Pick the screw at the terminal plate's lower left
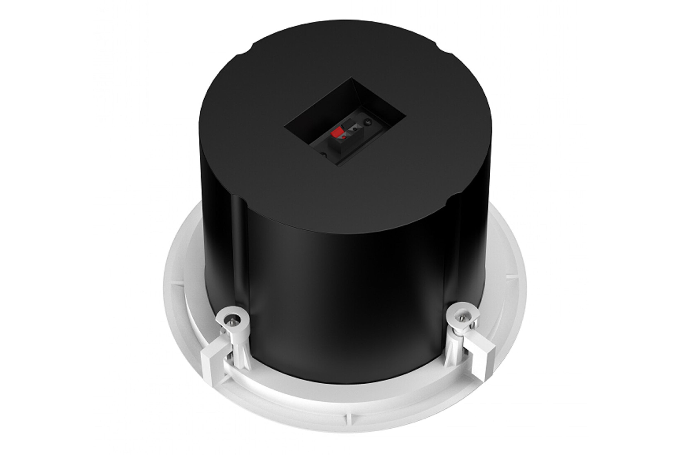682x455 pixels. [323, 155]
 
